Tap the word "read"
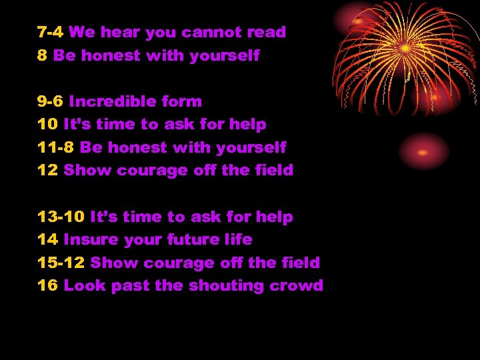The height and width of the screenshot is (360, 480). point(267,32)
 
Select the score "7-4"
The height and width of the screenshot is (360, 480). point(50,32)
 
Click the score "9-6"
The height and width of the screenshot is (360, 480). point(50,101)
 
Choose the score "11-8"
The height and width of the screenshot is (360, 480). point(55,147)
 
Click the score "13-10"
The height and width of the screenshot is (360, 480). point(61,217)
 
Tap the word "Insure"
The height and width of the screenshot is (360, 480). point(90,239)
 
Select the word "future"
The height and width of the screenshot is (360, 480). point(191,239)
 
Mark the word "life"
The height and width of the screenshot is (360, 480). point(238,239)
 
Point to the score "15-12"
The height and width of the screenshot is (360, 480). point(61,263)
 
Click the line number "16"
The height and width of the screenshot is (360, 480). point(47,285)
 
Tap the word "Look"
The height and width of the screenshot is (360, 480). point(85,285)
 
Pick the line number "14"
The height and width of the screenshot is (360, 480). point(47,239)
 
